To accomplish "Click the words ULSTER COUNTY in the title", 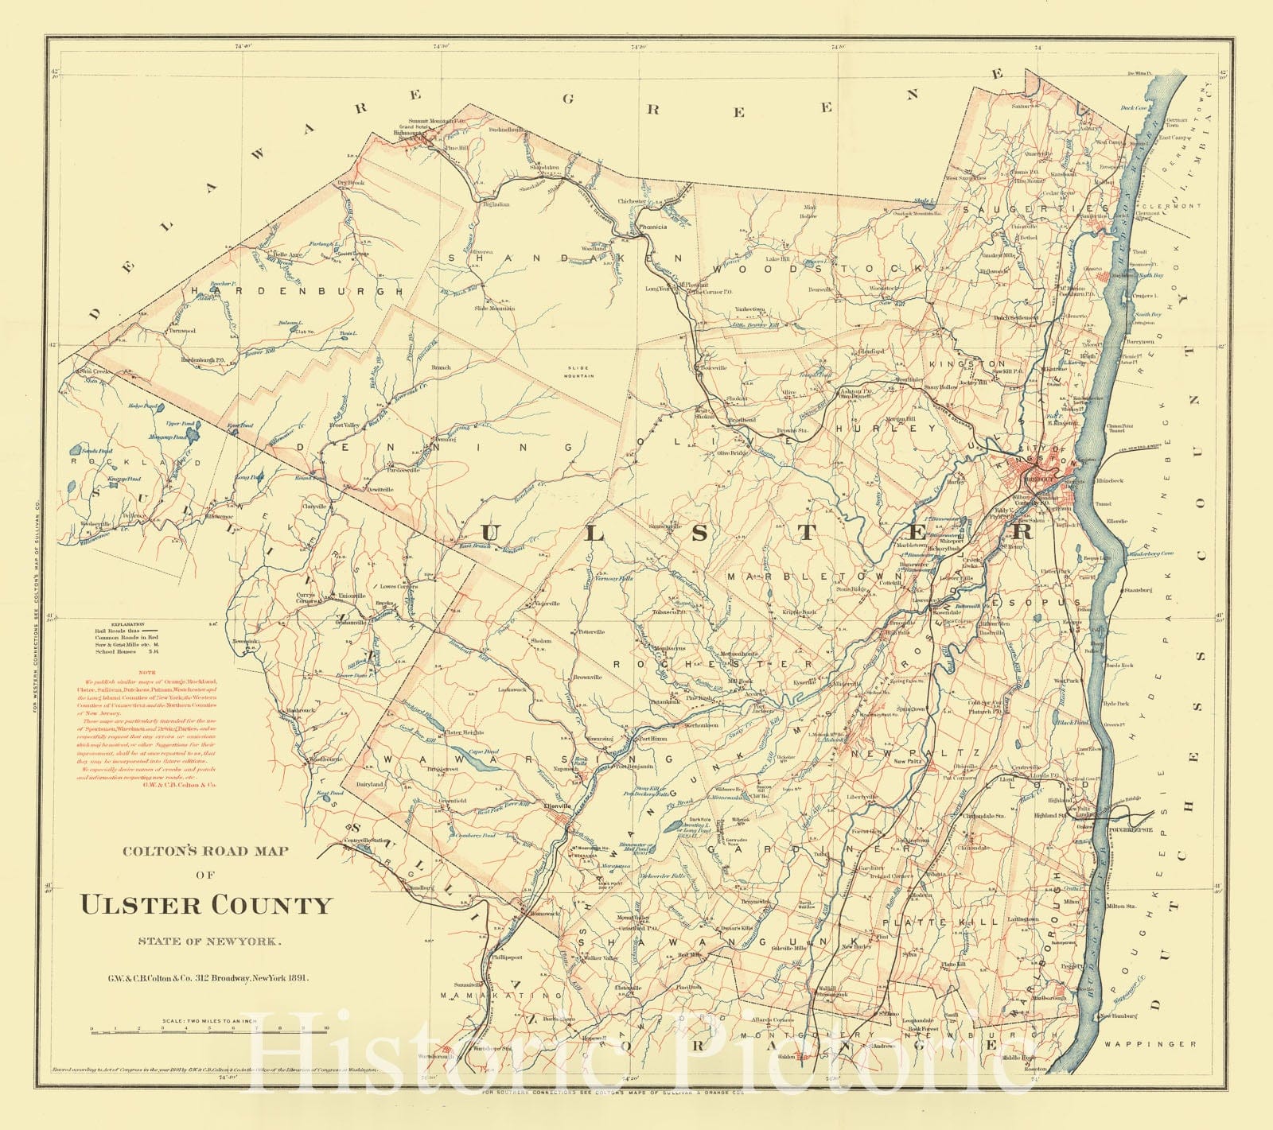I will click(204, 906).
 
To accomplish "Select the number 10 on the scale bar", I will click(326, 1028).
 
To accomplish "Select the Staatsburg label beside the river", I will click(1139, 591).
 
